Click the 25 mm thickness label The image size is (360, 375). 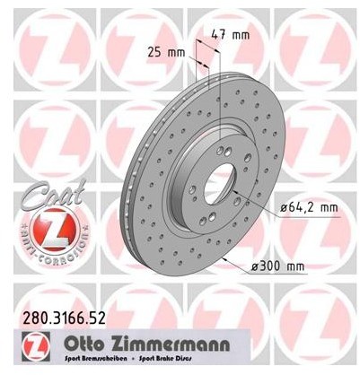[x=170, y=52]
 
